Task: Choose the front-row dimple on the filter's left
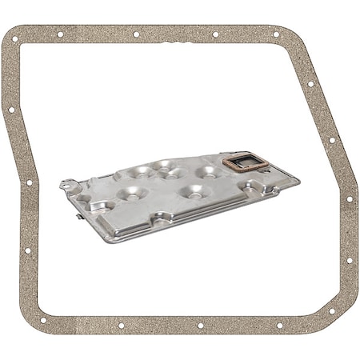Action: [x=128, y=193]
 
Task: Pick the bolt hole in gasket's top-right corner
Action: [x=276, y=34]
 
